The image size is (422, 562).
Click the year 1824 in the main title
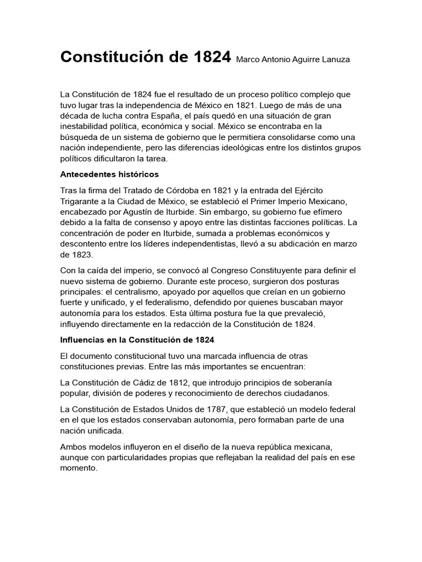pyautogui.click(x=208, y=58)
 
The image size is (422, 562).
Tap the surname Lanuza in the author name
pyautogui.click(x=334, y=60)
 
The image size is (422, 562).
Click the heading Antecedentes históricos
pyautogui.click(x=109, y=175)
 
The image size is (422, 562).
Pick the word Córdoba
pyautogui.click(x=199, y=190)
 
